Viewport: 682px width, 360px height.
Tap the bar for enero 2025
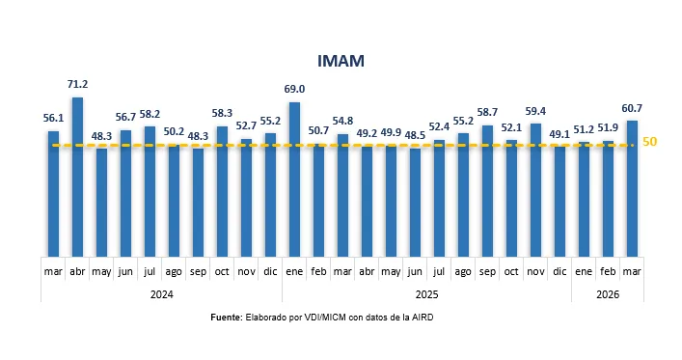[x=294, y=179]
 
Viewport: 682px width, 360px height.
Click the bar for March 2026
[x=632, y=187]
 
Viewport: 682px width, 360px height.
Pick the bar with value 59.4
[x=535, y=189]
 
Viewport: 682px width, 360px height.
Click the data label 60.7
[x=632, y=107]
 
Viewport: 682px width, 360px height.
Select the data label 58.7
[x=487, y=113]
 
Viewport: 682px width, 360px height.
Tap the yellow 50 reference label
[x=650, y=142]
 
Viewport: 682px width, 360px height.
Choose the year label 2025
[x=426, y=293]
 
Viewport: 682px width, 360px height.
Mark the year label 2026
[x=608, y=293]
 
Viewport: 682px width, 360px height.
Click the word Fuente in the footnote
[x=227, y=317]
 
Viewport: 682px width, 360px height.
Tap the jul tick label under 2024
[x=150, y=272]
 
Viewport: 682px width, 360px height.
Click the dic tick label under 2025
[x=559, y=272]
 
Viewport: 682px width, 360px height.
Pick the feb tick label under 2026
[x=608, y=272]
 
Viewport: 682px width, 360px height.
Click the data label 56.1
[x=53, y=118]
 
